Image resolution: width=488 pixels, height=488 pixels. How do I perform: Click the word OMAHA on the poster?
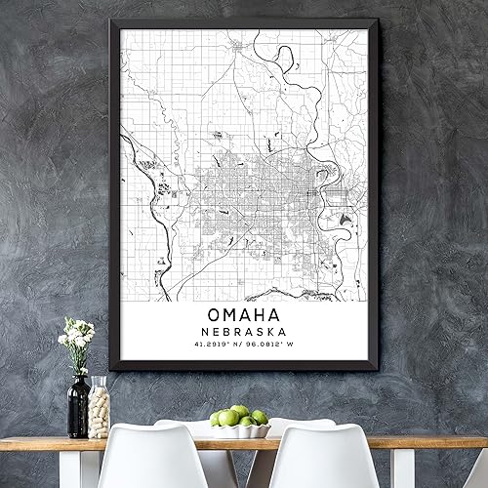tap(244, 315)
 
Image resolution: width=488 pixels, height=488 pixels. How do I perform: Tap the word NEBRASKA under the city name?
tap(244, 334)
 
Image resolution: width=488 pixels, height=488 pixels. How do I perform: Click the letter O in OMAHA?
tap(214, 315)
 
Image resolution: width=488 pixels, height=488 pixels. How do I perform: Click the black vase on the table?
tap(78, 405)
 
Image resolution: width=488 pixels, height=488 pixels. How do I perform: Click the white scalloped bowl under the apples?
tap(240, 429)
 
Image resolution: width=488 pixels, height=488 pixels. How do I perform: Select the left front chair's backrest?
tap(146, 459)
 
